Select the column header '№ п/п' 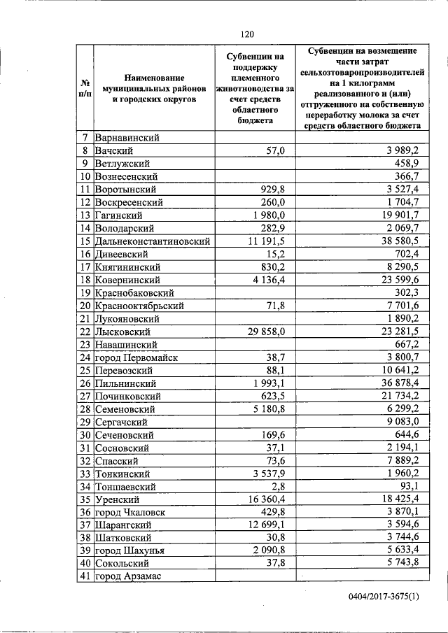click(84, 88)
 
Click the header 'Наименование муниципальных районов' click(152, 88)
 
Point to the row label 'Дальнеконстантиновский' click(153, 241)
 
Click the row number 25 click(84, 370)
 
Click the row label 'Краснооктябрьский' click(139, 306)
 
